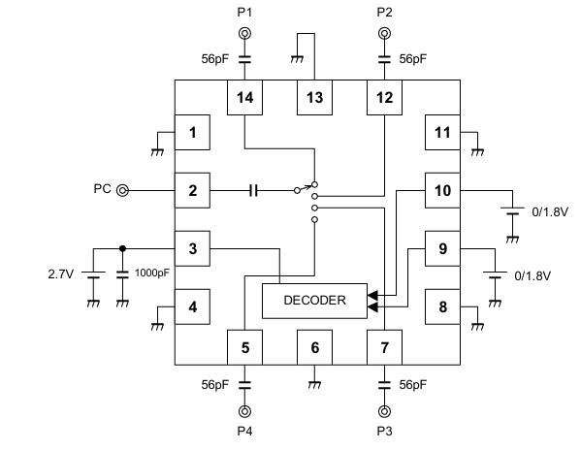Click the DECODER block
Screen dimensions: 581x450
tap(314, 301)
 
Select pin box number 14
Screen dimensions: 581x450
tap(244, 97)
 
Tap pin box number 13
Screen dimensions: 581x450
tap(314, 97)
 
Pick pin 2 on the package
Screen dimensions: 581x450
tap(192, 190)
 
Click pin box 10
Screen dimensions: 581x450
tap(442, 190)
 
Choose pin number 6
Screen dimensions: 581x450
tap(314, 347)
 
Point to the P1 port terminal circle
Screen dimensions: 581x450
tap(244, 34)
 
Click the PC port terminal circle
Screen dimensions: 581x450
tap(122, 191)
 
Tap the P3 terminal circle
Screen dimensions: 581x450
tap(384, 411)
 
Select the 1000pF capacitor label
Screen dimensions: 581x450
tap(152, 273)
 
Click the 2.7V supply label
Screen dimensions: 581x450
tap(61, 274)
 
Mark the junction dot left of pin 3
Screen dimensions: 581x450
tap(122, 248)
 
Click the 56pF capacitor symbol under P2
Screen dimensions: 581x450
tap(384, 59)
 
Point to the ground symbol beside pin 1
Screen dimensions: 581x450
tap(157, 152)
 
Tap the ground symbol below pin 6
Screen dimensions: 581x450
tap(314, 385)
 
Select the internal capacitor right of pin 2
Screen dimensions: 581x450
tap(254, 191)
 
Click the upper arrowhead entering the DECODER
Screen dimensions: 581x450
tap(372, 295)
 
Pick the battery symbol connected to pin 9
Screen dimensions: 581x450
tap(495, 274)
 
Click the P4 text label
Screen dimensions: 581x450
tap(244, 432)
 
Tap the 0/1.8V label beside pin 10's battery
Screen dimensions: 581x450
tap(550, 211)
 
